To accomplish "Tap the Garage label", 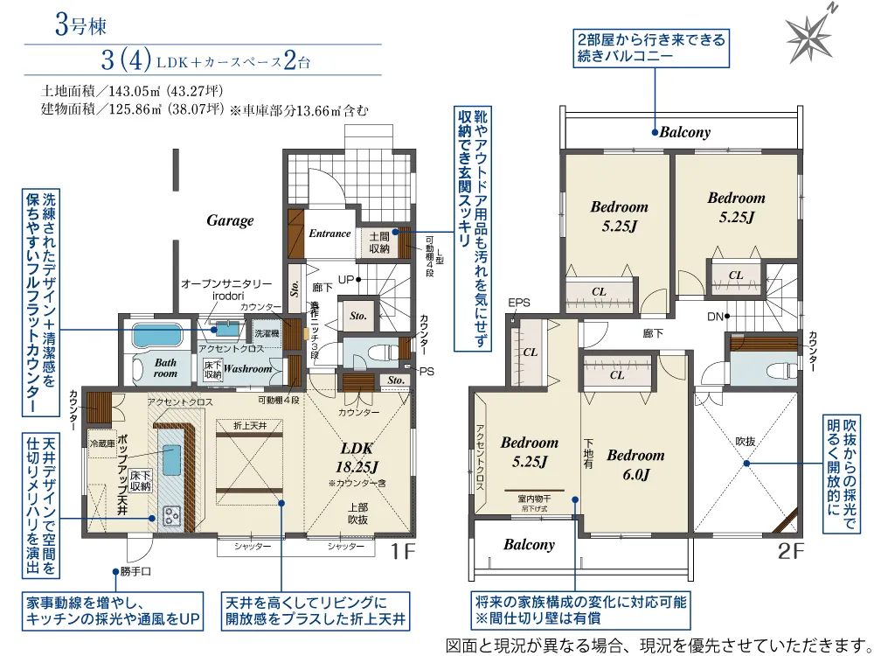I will click(x=230, y=220).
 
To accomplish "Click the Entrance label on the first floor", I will click(x=329, y=234).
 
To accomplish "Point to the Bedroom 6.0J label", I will click(x=635, y=464).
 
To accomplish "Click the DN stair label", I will click(x=715, y=316).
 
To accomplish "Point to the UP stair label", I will click(x=345, y=280).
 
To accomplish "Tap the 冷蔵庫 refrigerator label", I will click(x=101, y=443).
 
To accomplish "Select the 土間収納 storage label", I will click(x=378, y=242).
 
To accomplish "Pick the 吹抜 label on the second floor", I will click(x=744, y=441).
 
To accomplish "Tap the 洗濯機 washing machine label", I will click(x=266, y=334).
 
